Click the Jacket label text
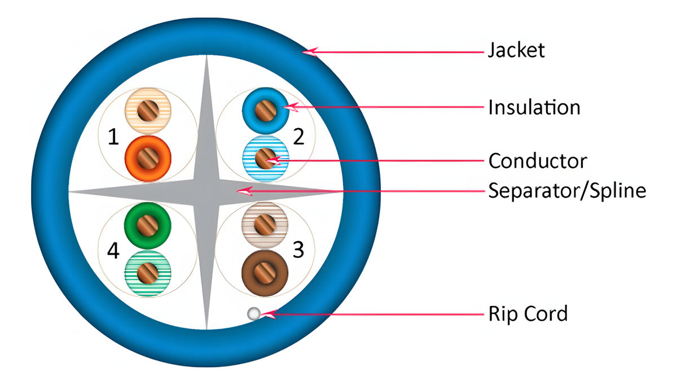516,50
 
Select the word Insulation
534,107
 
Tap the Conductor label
537,161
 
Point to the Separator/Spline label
566,191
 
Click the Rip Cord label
527,313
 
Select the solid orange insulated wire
147,156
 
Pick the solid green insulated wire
147,225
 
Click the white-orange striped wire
147,110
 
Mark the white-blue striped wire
265,158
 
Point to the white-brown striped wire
265,225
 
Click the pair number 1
113,137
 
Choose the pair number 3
298,250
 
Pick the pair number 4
113,251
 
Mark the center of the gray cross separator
207,191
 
